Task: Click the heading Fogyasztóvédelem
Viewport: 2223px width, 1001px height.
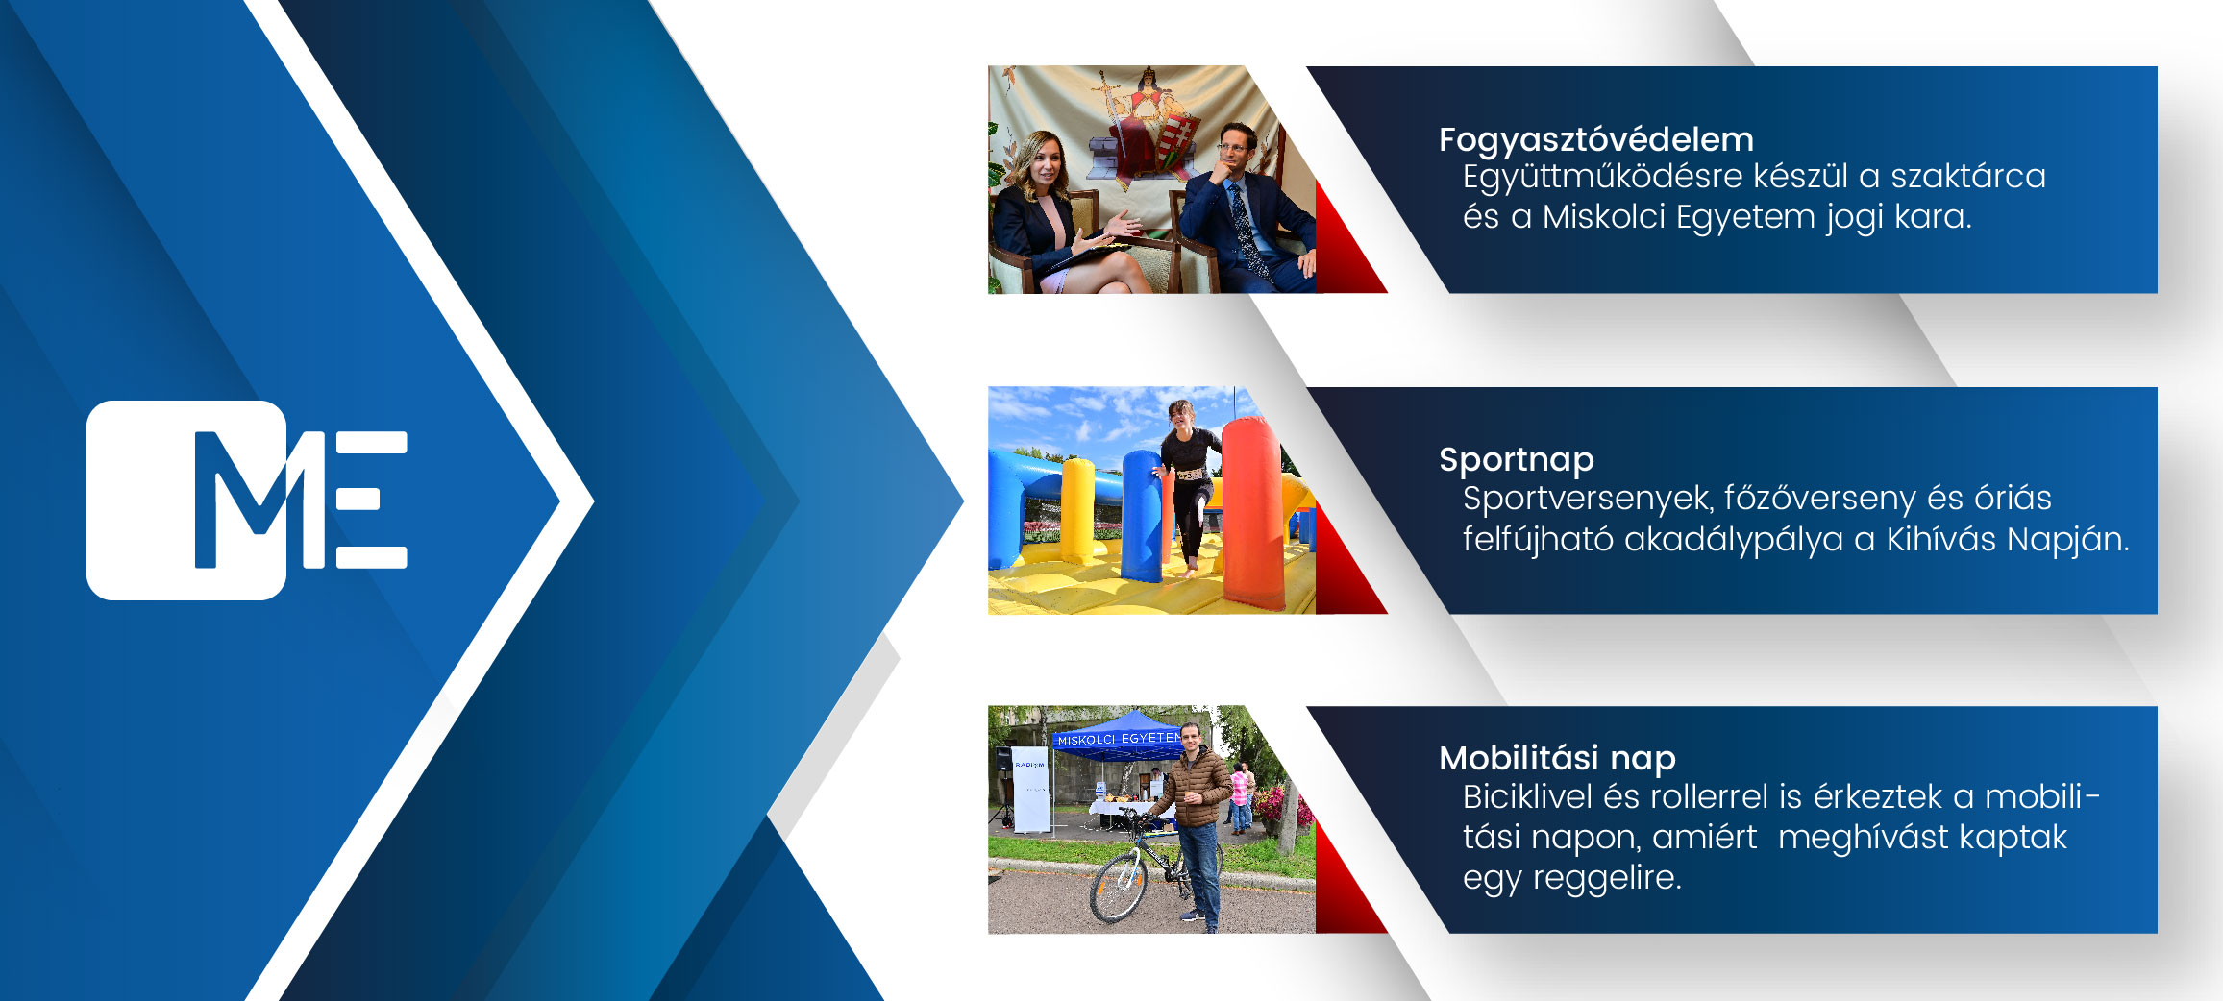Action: click(1595, 140)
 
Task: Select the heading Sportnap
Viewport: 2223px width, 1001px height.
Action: click(1516, 460)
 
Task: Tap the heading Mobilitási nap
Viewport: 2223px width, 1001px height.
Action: click(1557, 759)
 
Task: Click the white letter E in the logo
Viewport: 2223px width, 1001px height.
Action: click(371, 500)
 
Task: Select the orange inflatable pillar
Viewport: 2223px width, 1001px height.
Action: click(1252, 514)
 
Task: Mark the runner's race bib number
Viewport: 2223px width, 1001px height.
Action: click(1190, 475)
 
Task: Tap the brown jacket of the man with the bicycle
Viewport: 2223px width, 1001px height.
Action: click(1194, 787)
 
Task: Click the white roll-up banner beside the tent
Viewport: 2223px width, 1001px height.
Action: click(1030, 789)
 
